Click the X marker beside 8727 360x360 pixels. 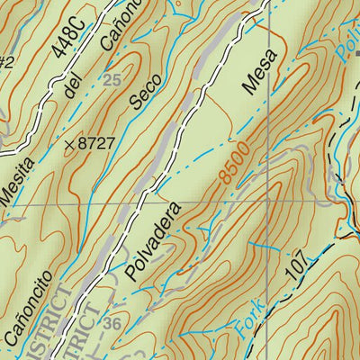click(69, 143)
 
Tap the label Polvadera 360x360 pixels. click(156, 243)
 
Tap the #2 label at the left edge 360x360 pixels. click(6, 62)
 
